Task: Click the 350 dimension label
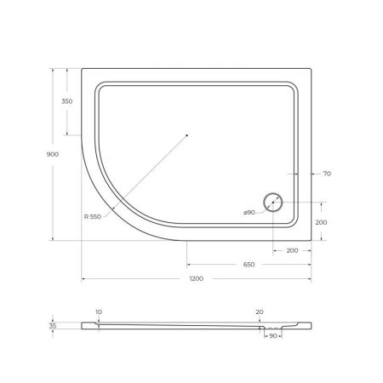(x=67, y=100)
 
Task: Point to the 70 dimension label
(x=326, y=174)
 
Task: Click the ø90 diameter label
(x=249, y=212)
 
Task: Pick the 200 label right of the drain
(x=320, y=221)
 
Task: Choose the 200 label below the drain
(x=291, y=251)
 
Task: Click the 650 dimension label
(x=249, y=265)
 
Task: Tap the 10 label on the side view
(x=99, y=312)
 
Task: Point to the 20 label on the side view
(x=259, y=312)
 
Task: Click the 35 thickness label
(x=53, y=325)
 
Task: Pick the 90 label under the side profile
(x=272, y=338)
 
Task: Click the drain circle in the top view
(x=274, y=202)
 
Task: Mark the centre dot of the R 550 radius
(x=187, y=134)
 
